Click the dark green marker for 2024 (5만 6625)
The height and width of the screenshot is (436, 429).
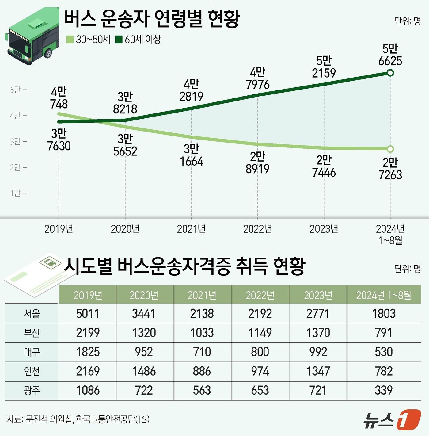(x=390, y=73)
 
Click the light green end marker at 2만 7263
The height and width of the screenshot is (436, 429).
(x=390, y=149)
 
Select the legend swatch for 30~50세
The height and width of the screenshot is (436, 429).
(x=70, y=40)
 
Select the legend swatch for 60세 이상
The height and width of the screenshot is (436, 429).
(x=119, y=40)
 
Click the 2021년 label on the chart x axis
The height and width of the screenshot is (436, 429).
(x=191, y=229)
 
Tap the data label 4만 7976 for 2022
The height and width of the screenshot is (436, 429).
(x=257, y=78)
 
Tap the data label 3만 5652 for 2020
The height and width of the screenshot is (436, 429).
(x=125, y=145)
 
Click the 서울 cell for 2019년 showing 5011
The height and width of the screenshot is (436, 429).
(x=88, y=314)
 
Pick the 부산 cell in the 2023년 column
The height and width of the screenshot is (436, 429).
(x=318, y=333)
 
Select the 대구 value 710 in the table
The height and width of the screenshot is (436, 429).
(x=202, y=352)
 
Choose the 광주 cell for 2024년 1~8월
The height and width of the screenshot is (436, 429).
(x=384, y=390)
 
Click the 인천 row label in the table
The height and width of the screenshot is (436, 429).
(x=32, y=371)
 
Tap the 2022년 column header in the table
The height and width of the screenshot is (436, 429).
(x=260, y=295)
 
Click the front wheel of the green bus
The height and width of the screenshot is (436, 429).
(x=48, y=53)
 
